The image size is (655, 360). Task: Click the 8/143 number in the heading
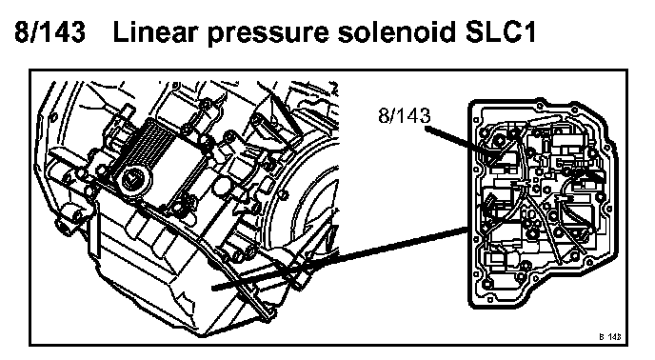tap(50, 31)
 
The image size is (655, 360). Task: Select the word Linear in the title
tap(153, 31)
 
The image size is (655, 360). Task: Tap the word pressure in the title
tap(268, 34)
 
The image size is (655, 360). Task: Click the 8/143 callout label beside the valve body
tap(404, 115)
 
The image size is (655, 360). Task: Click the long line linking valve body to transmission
tap(339, 257)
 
